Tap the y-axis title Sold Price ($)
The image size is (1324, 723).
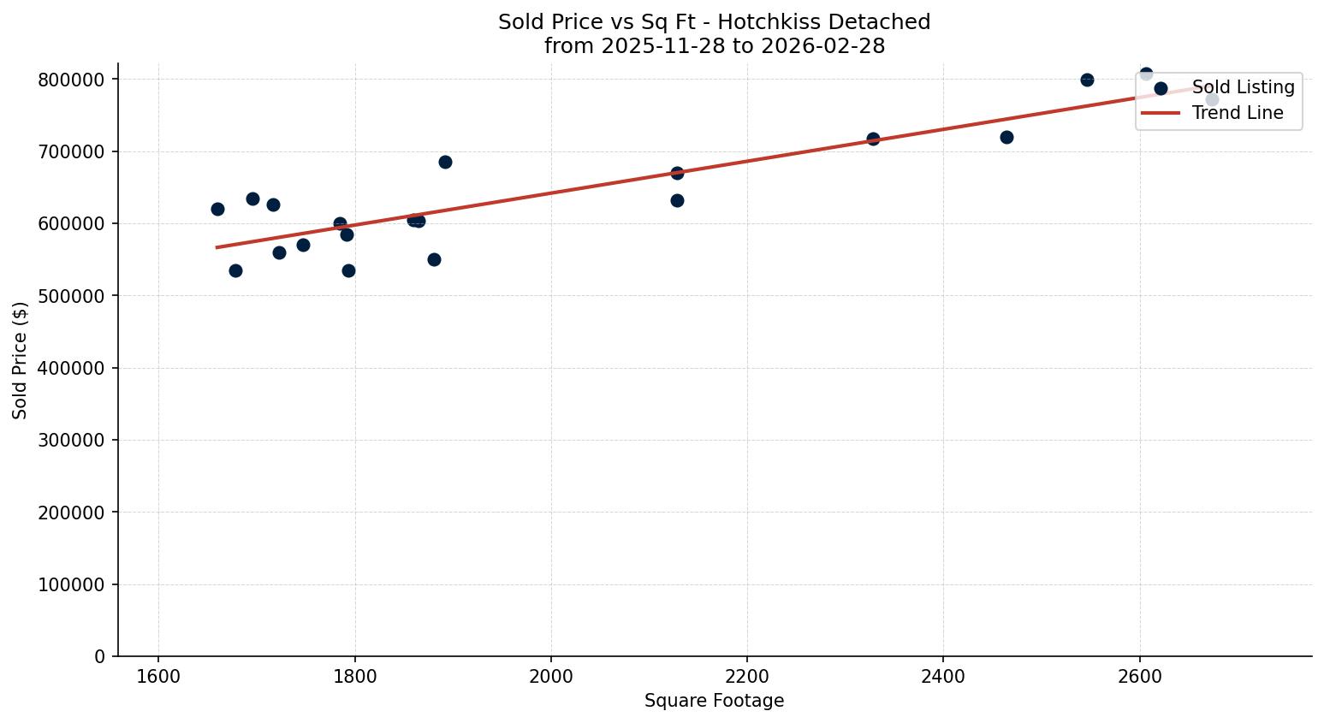point(20,360)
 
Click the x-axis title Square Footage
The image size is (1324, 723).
point(714,701)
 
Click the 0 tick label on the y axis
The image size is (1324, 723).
point(100,657)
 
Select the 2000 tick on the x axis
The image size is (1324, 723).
point(550,675)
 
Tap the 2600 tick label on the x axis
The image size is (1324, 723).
point(1139,675)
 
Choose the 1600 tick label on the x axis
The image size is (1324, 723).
point(158,675)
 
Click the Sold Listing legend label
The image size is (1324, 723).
point(1243,88)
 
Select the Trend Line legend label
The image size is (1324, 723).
point(1238,113)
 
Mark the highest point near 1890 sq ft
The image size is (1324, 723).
point(445,162)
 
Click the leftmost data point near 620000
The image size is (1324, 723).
point(217,209)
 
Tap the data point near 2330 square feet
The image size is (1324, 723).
point(873,139)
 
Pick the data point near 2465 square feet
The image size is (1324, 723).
point(1006,137)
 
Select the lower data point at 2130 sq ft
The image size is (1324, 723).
point(677,200)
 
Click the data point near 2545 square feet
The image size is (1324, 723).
point(1087,80)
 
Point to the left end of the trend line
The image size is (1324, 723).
point(217,247)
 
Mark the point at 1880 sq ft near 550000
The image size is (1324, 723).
point(434,259)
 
